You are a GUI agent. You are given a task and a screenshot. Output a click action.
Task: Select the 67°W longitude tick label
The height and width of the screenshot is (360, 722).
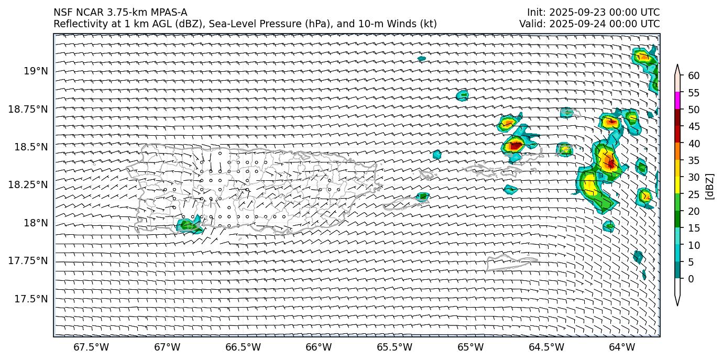pyautogui.click(x=167, y=347)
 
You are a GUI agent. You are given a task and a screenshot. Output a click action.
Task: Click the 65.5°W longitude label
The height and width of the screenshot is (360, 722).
pyautogui.click(x=394, y=347)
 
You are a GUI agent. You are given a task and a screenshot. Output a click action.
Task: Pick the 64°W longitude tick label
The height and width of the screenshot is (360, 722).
pyautogui.click(x=622, y=347)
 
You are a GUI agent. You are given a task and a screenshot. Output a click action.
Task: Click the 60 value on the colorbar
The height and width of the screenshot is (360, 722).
pyautogui.click(x=694, y=76)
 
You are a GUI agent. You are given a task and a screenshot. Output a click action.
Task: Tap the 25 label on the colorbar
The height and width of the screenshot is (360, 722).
pyautogui.click(x=694, y=194)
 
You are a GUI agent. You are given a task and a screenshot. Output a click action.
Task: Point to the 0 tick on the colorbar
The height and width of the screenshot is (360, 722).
pyautogui.click(x=691, y=279)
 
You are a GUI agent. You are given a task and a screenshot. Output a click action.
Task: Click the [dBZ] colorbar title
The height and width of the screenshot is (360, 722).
pyautogui.click(x=710, y=186)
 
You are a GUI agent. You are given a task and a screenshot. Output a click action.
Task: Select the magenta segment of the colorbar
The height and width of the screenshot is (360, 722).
pyautogui.click(x=677, y=101)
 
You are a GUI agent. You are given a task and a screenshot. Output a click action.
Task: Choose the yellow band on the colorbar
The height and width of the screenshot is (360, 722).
pyautogui.click(x=677, y=185)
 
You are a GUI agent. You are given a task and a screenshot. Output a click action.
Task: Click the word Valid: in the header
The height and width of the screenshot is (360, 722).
pyautogui.click(x=532, y=24)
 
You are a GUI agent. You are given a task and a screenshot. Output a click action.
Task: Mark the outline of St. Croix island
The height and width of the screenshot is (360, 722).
pyautogui.click(x=511, y=261)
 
